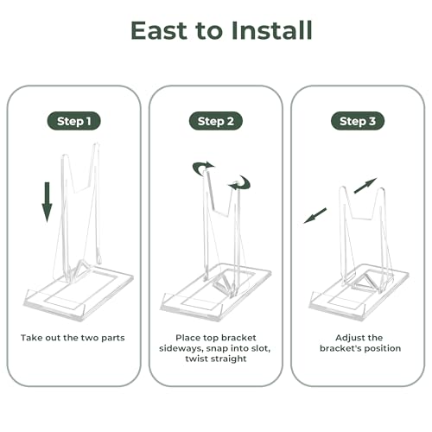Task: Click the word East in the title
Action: pos(159,30)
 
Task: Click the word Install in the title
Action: pos(271,30)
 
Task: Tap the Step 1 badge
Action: pos(74,121)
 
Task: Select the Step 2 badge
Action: pos(216,121)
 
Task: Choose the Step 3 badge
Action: pos(358,121)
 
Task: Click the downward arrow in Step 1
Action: pos(48,202)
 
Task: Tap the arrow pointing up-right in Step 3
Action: pos(365,186)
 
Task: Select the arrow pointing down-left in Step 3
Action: pos(315,216)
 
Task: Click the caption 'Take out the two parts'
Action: pos(73,338)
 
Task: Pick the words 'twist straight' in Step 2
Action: pos(216,359)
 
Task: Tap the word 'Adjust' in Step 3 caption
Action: pos(349,338)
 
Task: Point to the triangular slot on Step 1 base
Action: pos(79,267)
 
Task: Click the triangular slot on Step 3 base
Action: pos(365,283)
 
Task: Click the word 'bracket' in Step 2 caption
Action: pos(241,338)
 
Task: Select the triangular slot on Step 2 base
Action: pos(222,283)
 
